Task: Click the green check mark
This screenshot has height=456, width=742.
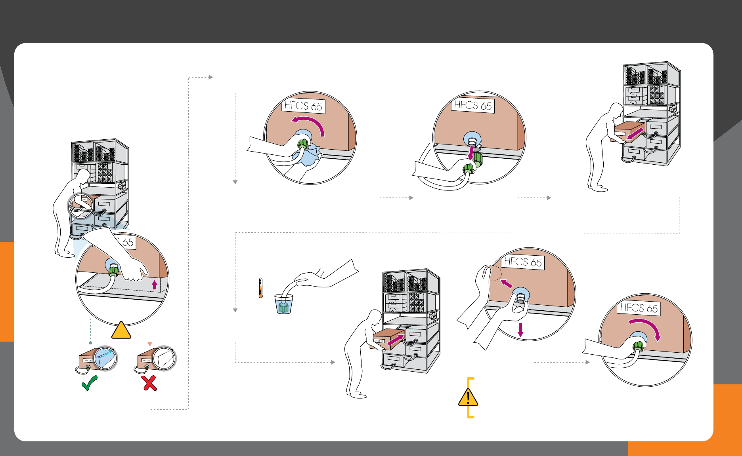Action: [x=89, y=383]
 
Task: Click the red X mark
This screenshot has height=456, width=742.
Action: [x=149, y=383]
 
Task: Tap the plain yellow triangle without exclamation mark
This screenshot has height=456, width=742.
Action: [x=121, y=331]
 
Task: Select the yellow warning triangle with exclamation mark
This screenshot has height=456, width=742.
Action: [x=468, y=397]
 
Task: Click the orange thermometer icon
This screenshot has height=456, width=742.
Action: [x=260, y=288]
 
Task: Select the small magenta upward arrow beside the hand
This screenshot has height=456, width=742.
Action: [x=155, y=285]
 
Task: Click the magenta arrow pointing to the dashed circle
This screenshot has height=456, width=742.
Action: [x=506, y=283]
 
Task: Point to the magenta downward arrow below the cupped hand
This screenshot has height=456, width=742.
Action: [x=520, y=330]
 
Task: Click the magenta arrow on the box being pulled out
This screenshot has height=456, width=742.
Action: [x=635, y=134]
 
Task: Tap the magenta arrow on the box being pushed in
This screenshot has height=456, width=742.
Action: [x=396, y=339]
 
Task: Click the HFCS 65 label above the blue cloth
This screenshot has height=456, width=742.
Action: [x=303, y=106]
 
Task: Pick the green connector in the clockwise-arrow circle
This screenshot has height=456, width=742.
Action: [x=638, y=346]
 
